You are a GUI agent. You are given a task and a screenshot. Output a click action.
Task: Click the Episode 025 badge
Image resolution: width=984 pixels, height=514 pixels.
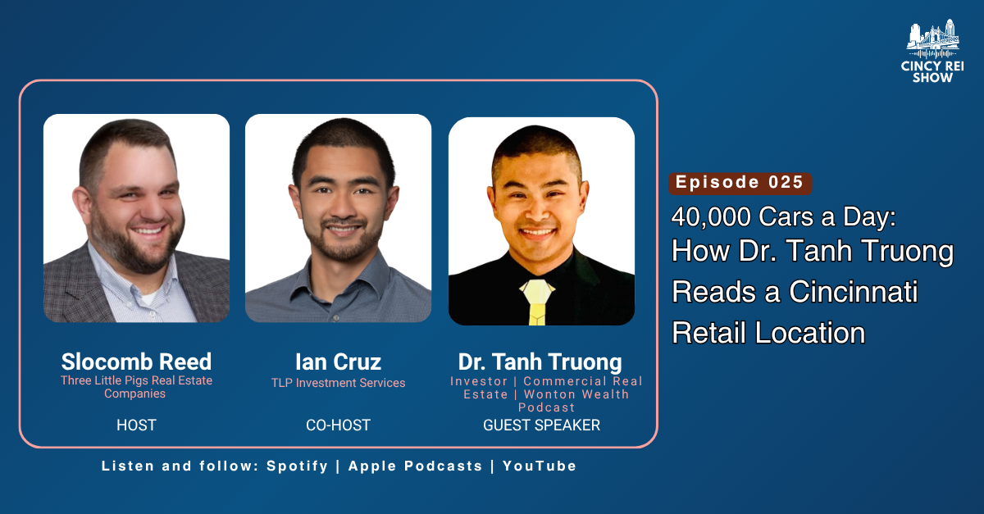point(740,183)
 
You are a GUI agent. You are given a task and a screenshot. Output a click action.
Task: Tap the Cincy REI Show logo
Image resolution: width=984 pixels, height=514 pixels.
point(932,51)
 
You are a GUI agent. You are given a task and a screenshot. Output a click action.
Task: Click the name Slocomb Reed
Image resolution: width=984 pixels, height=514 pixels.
point(136,362)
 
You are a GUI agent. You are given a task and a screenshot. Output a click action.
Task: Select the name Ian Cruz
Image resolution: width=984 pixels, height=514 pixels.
point(338,362)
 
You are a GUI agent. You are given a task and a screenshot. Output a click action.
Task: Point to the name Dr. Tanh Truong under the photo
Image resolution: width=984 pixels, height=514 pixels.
point(540,362)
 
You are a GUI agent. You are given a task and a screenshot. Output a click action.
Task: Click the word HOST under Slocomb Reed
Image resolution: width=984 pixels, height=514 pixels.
point(136,425)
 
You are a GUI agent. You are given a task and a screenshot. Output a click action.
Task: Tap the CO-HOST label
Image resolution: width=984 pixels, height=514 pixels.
point(338,425)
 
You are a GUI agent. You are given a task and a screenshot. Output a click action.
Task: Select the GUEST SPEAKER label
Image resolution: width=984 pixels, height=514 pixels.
point(542,425)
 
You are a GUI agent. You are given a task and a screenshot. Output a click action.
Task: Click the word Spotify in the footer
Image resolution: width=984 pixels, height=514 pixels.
point(298,466)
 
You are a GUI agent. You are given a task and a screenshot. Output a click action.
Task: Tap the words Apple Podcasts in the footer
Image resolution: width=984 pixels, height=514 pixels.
point(415,466)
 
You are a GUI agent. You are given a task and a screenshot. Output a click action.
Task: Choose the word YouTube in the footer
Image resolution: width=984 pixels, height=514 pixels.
point(540,466)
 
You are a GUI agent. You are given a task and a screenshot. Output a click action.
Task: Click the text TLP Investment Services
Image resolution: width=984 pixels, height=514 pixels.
point(338,383)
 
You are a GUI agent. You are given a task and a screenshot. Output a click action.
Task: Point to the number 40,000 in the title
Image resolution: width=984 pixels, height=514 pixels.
point(711,216)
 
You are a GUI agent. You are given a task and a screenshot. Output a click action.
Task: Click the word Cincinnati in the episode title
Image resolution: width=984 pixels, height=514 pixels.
point(853,292)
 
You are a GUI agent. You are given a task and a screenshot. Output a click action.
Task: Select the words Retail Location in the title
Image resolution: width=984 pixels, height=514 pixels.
point(768,333)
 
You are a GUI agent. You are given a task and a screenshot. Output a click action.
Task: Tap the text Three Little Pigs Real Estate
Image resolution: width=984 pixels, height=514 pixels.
point(136,380)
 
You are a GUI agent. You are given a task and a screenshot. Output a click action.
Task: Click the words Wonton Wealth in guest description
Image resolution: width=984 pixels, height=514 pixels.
point(576,394)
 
